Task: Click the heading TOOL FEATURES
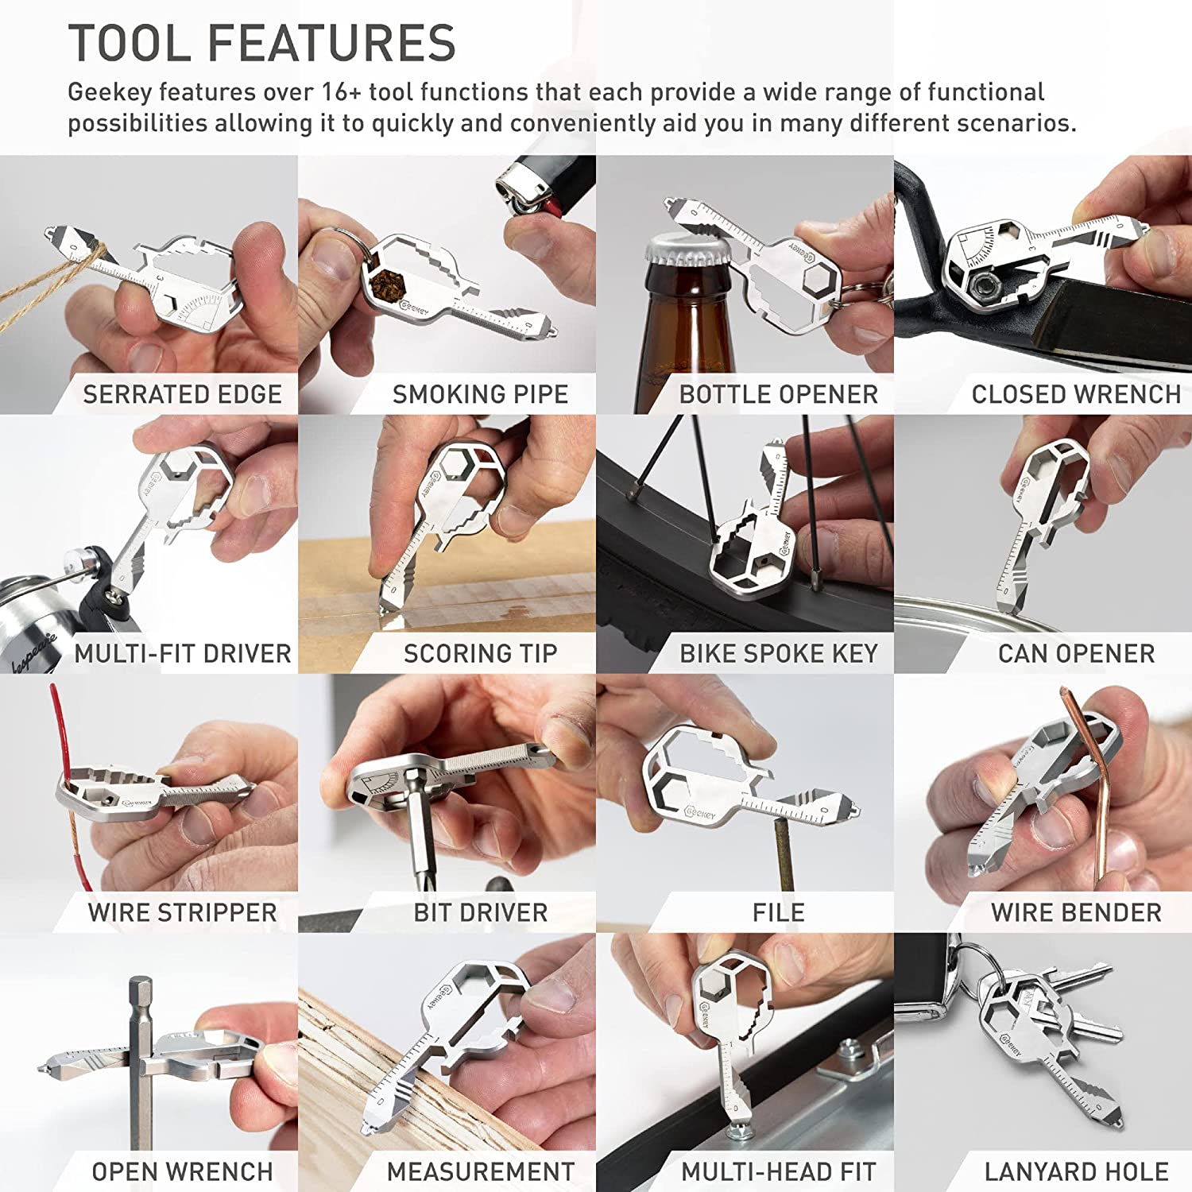pos(261,43)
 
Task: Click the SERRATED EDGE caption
pos(182,394)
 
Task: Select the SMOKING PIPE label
pos(480,394)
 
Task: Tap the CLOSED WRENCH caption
pos(1075,394)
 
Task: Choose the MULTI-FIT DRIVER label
pos(183,653)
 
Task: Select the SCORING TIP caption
pos(480,653)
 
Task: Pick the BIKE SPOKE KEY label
pos(778,653)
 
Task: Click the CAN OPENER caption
pos(1076,653)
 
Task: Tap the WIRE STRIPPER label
pos(182,912)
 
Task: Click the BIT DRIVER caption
pos(480,912)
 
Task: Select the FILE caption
pos(778,912)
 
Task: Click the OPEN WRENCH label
pos(182,1171)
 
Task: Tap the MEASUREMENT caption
pos(480,1171)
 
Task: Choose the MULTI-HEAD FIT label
pos(778,1171)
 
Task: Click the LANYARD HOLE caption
pos(1076,1171)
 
